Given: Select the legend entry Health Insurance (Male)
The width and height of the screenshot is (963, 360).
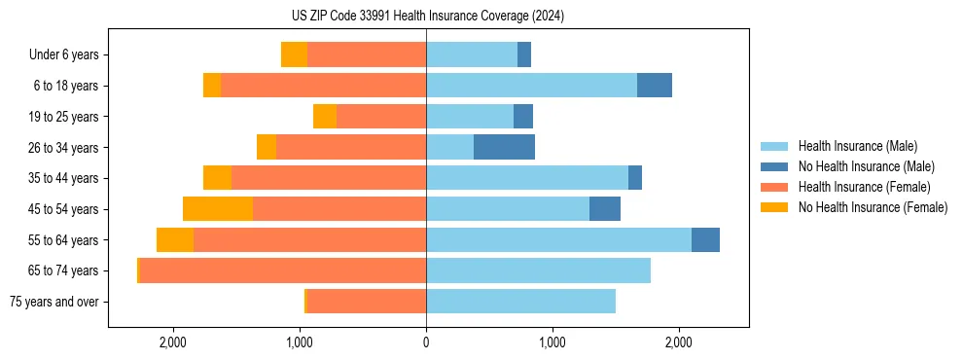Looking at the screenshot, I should click(x=857, y=146).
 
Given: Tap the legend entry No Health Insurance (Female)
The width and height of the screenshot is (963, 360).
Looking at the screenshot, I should click(x=873, y=207).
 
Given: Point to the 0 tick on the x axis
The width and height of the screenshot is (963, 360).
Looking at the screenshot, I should click(x=426, y=342).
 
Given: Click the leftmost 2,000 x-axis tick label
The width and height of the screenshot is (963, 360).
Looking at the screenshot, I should click(x=173, y=342).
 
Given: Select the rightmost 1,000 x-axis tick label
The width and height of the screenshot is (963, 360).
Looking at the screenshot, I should click(x=552, y=342).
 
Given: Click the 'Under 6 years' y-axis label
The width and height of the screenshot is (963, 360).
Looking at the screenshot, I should click(x=64, y=55).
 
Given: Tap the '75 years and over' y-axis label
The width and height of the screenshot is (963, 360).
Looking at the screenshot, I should click(x=54, y=302).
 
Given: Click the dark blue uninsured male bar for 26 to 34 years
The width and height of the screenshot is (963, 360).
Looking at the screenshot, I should click(x=504, y=147).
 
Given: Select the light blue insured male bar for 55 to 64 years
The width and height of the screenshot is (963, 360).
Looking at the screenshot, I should click(x=558, y=239).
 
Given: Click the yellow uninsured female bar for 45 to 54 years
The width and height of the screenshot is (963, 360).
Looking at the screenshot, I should click(x=218, y=209).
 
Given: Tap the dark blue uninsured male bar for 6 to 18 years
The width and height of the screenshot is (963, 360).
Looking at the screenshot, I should click(x=655, y=86).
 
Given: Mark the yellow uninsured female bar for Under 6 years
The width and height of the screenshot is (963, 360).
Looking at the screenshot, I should click(x=294, y=54).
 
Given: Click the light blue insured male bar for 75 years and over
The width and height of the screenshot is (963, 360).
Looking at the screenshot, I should click(x=520, y=302).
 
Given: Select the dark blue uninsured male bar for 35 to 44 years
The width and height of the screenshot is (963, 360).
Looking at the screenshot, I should click(x=635, y=178).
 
